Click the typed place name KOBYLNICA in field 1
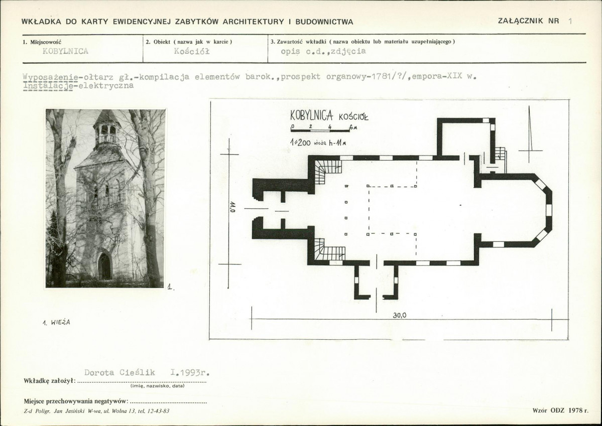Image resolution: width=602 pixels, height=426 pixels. point(65,51)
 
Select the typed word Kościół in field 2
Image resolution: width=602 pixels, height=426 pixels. point(192,51)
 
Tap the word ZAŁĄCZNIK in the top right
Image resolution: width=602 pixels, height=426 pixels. point(521,21)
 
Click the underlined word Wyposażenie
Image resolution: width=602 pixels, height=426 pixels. point(51,77)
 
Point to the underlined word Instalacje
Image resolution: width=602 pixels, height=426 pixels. point(48,86)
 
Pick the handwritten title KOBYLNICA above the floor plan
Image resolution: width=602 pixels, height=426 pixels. point(311,115)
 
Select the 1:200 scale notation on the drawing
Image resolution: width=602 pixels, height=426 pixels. point(300,143)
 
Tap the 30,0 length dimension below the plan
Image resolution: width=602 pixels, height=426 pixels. point(399,316)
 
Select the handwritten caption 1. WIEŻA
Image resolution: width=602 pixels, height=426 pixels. point(56,322)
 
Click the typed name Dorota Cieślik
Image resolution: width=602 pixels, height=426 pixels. point(119,372)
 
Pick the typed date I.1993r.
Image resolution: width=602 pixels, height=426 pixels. point(190,372)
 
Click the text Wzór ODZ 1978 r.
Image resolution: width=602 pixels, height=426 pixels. point(560,410)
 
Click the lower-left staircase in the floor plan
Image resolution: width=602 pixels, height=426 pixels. point(329,249)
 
